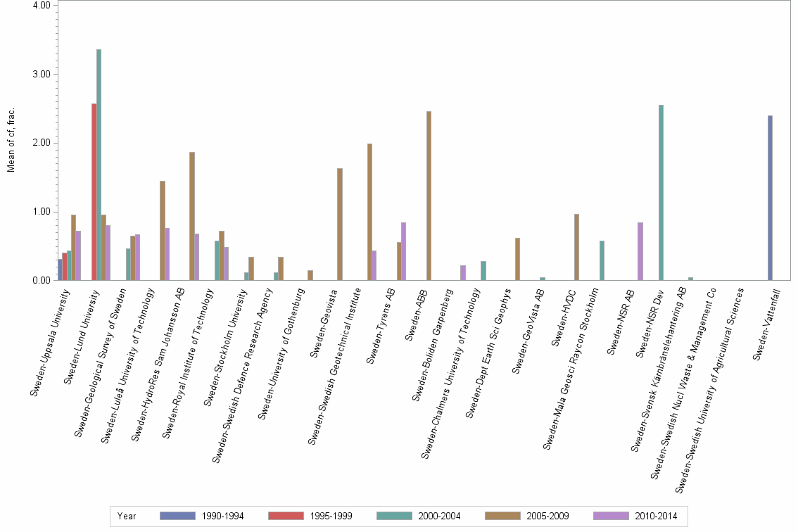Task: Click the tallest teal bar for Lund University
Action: tap(99, 165)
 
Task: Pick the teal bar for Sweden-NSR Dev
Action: tap(661, 193)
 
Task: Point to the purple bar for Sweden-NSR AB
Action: tap(640, 251)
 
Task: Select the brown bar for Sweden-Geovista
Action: tap(340, 224)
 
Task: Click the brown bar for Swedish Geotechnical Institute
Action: tap(369, 212)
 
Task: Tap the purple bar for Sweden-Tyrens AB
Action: tap(403, 251)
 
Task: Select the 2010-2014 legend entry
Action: tap(635, 517)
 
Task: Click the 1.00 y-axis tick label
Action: tap(40, 212)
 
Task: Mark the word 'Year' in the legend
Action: tap(127, 517)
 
